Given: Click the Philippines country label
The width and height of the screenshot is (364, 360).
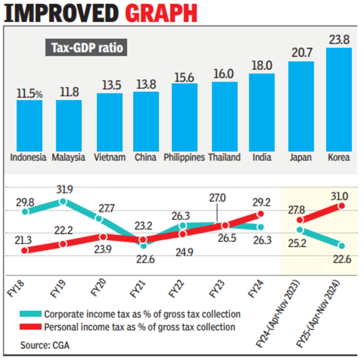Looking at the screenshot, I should (184, 157).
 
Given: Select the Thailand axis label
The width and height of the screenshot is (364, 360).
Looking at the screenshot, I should (224, 157).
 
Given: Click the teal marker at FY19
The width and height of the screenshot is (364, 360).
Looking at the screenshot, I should (64, 201).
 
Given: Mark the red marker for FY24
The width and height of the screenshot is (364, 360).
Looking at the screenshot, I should (261, 214).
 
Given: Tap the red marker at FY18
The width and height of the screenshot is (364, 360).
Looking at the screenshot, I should (25, 250).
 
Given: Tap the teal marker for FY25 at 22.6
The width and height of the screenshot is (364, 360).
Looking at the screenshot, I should (341, 245).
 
